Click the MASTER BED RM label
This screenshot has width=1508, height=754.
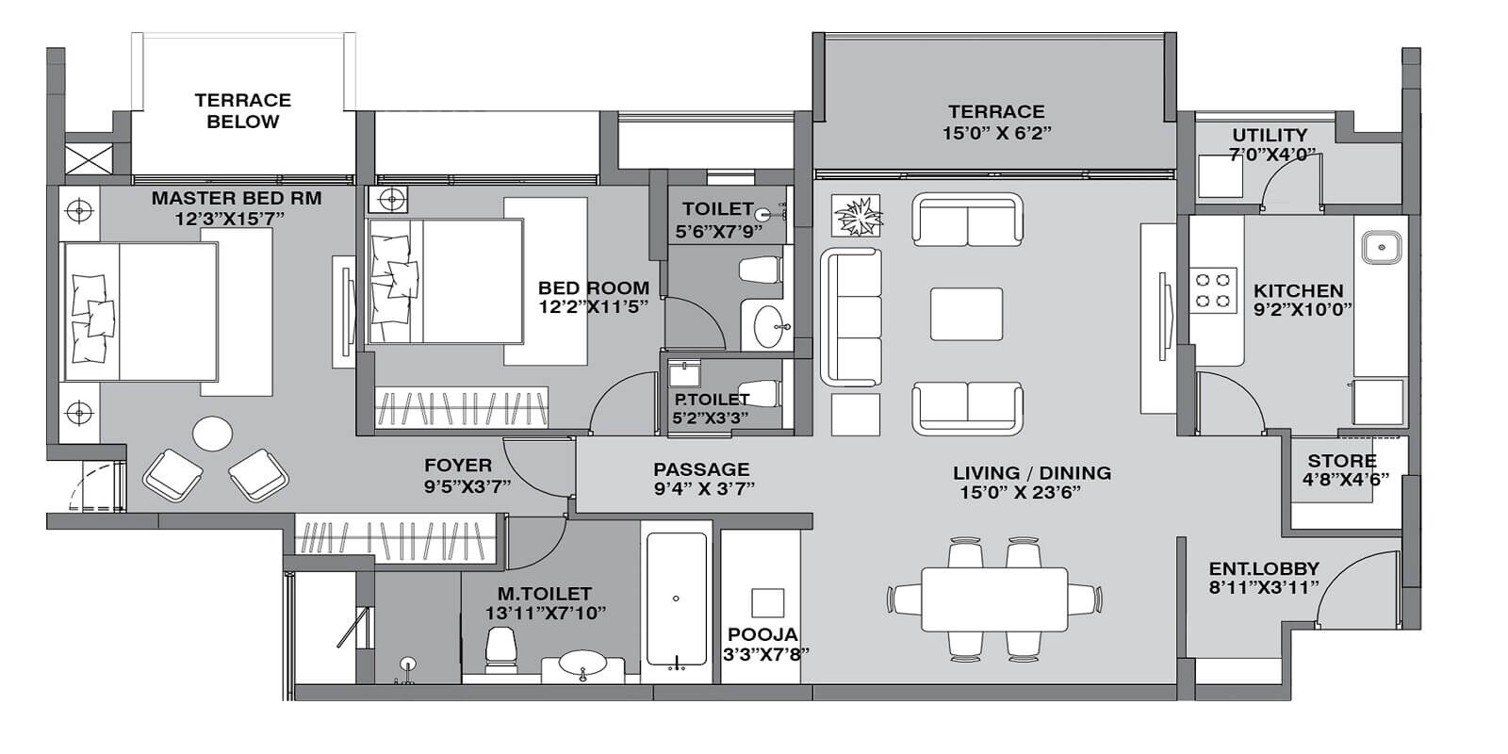[x=237, y=199]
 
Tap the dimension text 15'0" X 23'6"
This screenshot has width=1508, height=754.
[x=1019, y=492]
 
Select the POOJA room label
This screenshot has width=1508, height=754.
[x=762, y=634]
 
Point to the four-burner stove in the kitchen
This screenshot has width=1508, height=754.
[x=1214, y=289]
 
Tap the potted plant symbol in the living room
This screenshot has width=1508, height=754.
[x=857, y=216]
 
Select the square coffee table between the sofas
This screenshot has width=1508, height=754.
[x=966, y=314]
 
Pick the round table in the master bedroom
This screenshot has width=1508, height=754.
[x=213, y=434]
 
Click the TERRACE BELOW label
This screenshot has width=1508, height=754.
[x=243, y=110]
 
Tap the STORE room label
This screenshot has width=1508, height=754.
[x=1341, y=461]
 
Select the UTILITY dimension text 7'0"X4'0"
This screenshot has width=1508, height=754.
[x=1271, y=155]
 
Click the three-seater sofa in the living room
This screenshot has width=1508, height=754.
[x=851, y=316]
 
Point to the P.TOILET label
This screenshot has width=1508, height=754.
[x=712, y=400]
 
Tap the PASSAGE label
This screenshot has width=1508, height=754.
[x=701, y=468]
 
